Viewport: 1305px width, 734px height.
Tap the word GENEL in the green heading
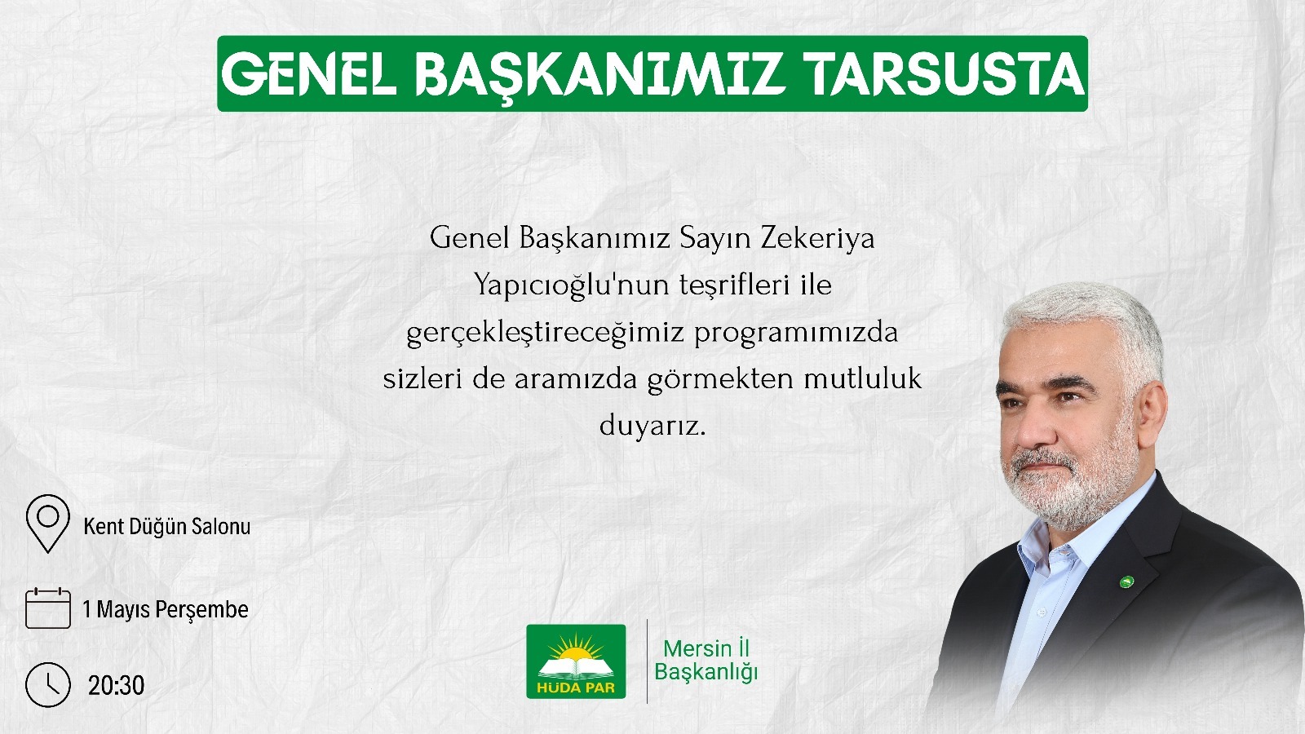tap(309, 74)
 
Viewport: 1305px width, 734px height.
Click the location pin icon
tap(48, 523)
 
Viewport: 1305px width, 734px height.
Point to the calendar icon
tap(48, 608)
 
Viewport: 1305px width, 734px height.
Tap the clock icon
tap(48, 684)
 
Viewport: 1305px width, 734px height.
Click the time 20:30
tap(116, 686)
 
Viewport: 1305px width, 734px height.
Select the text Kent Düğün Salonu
tap(166, 527)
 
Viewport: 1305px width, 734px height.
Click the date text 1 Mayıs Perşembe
tap(166, 610)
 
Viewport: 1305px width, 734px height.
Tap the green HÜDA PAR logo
tap(576, 661)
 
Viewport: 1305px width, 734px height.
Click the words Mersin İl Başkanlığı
tap(706, 660)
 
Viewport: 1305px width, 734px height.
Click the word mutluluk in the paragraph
tap(862, 378)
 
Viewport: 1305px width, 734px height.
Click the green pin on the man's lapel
tap(1127, 581)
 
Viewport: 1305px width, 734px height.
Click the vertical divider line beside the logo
tap(648, 661)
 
